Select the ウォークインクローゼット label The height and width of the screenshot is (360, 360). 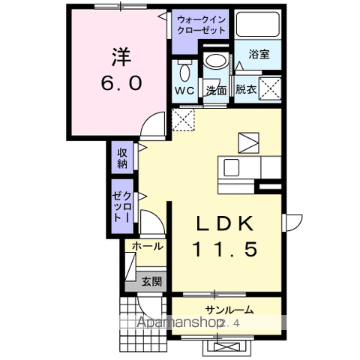[200, 25]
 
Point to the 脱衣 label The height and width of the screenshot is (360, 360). [245, 89]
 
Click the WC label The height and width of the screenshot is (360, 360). [184, 90]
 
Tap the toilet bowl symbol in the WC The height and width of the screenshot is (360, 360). [184, 71]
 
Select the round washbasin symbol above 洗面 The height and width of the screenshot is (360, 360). [216, 62]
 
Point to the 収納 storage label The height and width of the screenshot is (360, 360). [122, 159]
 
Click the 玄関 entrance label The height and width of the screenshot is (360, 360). [152, 281]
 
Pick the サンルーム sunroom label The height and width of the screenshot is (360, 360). [228, 309]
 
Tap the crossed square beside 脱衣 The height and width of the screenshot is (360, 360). [271, 89]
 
